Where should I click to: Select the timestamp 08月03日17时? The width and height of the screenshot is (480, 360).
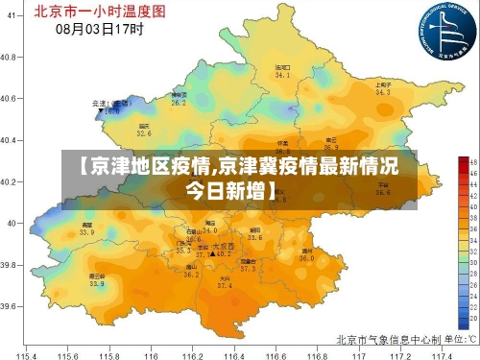(x=100, y=30)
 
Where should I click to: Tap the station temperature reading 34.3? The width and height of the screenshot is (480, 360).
(x=383, y=93)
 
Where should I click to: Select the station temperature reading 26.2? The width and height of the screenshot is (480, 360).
(x=179, y=102)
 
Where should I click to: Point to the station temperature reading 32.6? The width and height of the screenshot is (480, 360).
(x=144, y=133)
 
